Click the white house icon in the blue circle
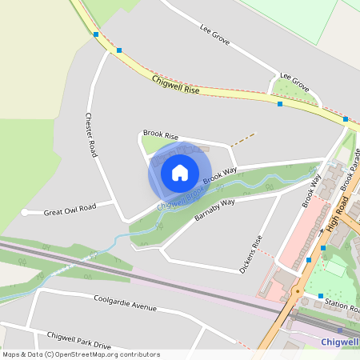click(180, 173)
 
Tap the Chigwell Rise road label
click(175, 86)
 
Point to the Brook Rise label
click(160, 135)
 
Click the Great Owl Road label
click(70, 209)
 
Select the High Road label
click(338, 217)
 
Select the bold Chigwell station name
click(337, 342)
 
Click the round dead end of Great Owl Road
click(26, 213)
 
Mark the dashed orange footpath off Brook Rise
click(243, 139)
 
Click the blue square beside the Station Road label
click(320, 296)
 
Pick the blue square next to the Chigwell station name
click(340, 329)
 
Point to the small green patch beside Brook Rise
click(150, 145)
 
